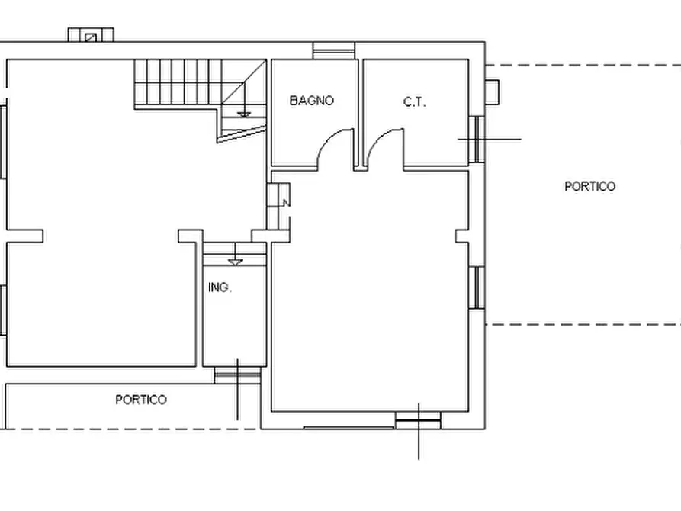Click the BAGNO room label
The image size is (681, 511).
311,101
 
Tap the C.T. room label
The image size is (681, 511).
414,102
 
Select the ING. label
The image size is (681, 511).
220,288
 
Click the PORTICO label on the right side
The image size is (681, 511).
589,186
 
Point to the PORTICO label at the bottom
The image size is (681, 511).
141,400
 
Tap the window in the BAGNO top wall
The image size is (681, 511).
334,50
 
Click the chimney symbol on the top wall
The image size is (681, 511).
91,35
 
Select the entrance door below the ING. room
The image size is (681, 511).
238,375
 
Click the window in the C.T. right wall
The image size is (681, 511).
477,139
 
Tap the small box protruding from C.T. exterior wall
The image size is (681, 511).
492,92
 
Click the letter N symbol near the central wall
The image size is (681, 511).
286,203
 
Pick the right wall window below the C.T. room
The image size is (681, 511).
477,288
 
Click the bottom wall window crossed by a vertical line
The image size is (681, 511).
418,420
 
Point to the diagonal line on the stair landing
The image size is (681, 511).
244,82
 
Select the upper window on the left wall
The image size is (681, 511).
3,142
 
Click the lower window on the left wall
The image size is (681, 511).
3,310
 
